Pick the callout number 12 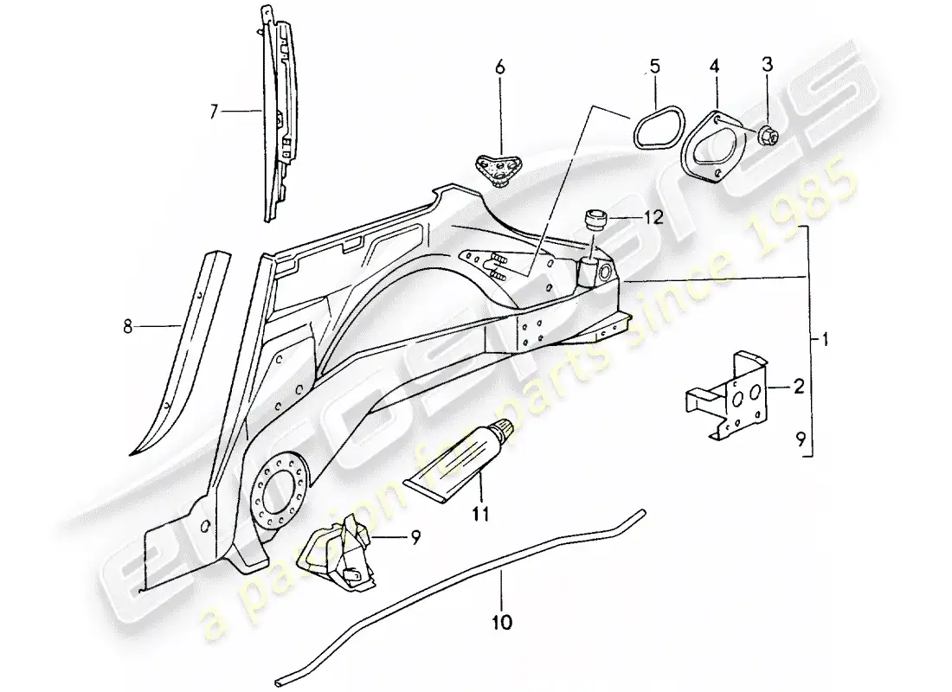click(653, 219)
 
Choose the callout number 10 click(502, 621)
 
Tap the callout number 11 click(480, 514)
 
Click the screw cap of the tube click(504, 428)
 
